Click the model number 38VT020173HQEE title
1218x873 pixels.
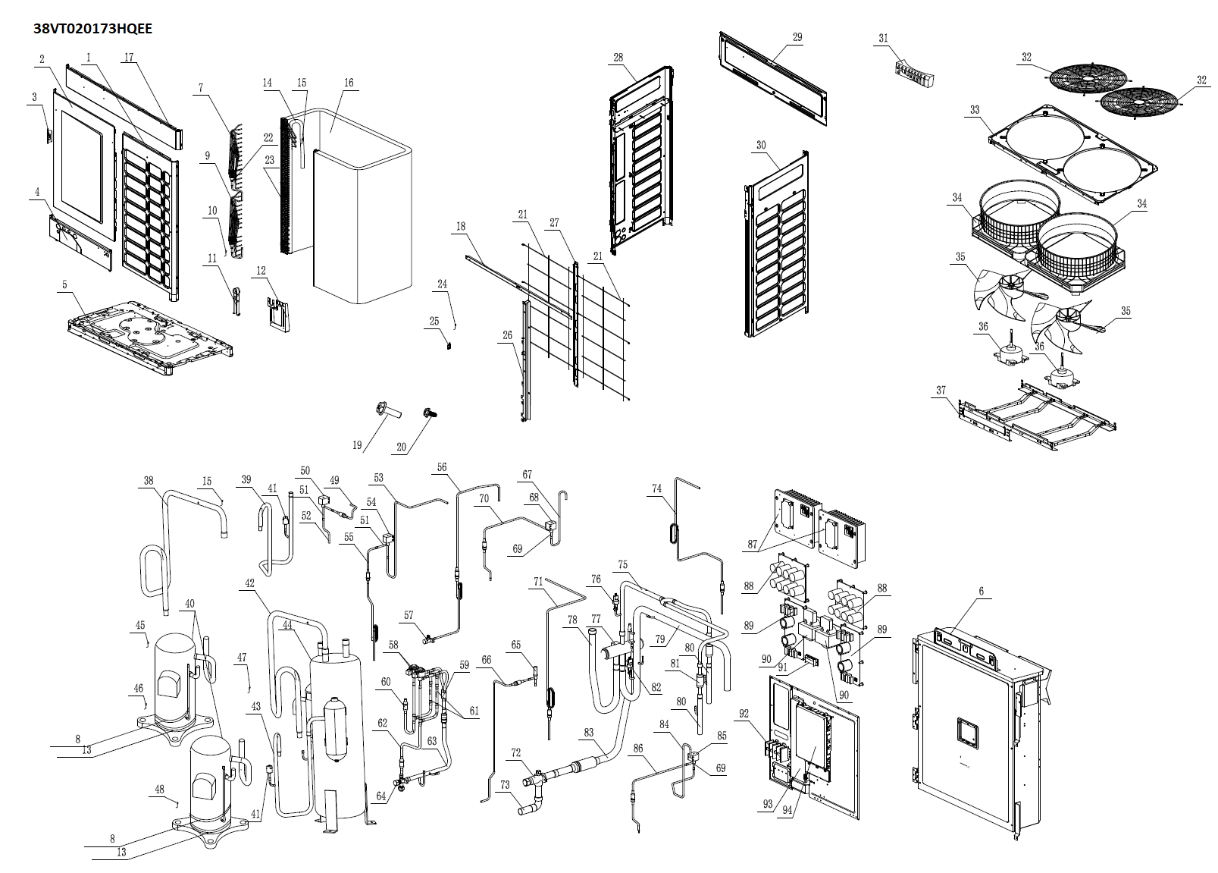click(92, 29)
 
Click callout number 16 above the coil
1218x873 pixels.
click(349, 83)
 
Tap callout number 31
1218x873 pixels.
click(883, 39)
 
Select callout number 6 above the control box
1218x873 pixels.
click(981, 592)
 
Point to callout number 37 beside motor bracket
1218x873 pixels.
click(941, 391)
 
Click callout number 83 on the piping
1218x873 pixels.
click(589, 733)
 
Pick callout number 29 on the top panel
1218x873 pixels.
click(797, 37)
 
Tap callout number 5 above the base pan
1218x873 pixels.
click(65, 285)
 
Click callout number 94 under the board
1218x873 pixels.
click(787, 810)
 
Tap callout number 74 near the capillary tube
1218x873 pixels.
click(657, 489)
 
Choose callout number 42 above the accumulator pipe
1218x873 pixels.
click(250, 583)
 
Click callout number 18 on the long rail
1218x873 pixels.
click(461, 226)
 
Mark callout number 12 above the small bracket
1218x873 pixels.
click(261, 271)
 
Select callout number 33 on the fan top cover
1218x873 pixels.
click(975, 110)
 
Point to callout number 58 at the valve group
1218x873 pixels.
click(393, 645)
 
